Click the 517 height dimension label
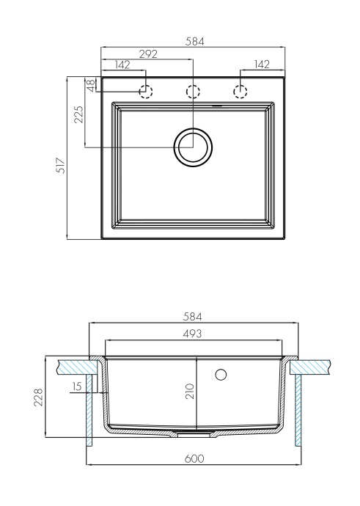[x=62, y=165]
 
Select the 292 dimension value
[x=147, y=54]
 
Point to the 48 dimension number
[x=89, y=85]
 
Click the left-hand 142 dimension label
[x=122, y=65]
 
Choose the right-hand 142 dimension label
[x=262, y=65]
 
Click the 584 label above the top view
[x=193, y=43]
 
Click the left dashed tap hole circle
[x=146, y=91]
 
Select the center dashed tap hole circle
[x=193, y=91]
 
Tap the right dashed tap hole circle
[x=240, y=91]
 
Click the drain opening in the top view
[x=193, y=147]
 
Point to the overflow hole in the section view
[x=220, y=375]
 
